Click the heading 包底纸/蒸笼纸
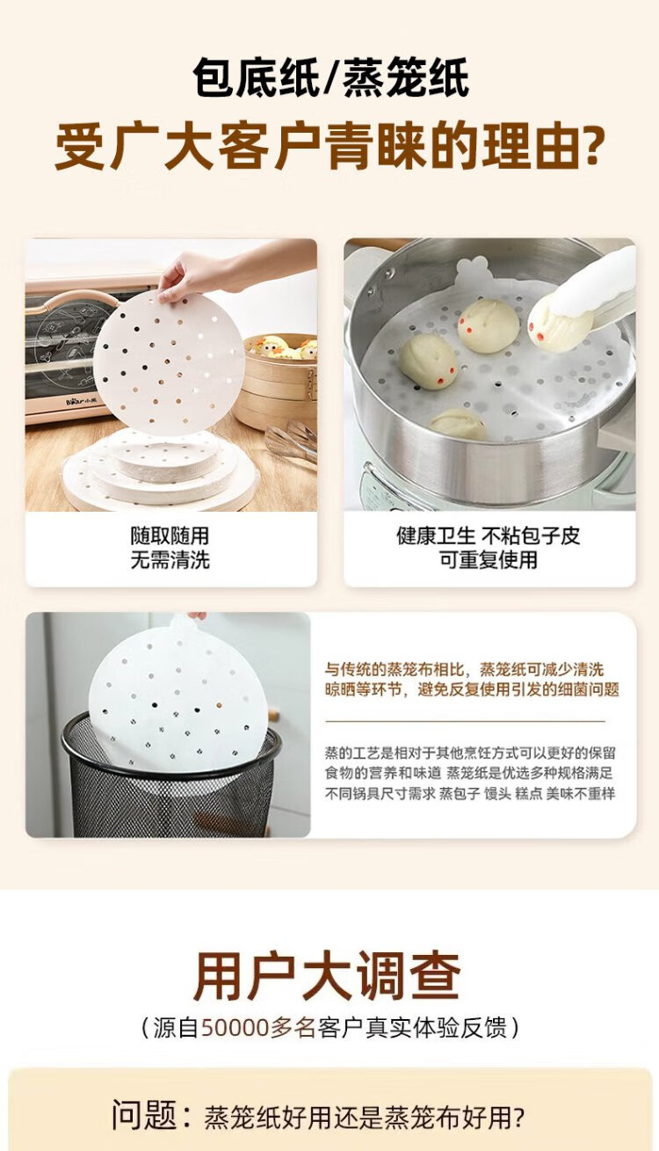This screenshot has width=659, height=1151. pyautogui.click(x=330, y=77)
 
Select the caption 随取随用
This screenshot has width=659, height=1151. pyautogui.click(x=170, y=536)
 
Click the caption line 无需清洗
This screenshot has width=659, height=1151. pyautogui.click(x=170, y=559)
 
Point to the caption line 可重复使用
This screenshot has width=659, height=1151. pyautogui.click(x=488, y=559)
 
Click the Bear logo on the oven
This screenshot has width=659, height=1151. pyautogui.click(x=81, y=400)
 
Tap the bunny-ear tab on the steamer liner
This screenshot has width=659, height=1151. pyautogui.click(x=473, y=270)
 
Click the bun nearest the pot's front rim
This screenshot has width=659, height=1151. pyautogui.click(x=457, y=424)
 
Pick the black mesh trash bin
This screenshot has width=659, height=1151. pyautogui.click(x=170, y=775)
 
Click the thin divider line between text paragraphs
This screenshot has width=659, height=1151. pyautogui.click(x=466, y=721)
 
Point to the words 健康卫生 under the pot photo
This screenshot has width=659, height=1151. pyautogui.click(x=436, y=536)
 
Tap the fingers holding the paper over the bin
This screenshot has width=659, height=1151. pyautogui.click(x=196, y=615)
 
